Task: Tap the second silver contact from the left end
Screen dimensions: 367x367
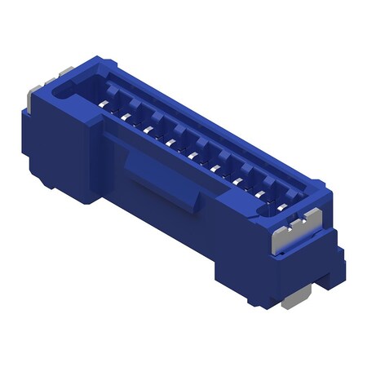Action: [x=127, y=115]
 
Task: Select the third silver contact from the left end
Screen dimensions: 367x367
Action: [x=148, y=127]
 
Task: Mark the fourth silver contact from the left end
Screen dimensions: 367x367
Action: [x=170, y=139]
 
